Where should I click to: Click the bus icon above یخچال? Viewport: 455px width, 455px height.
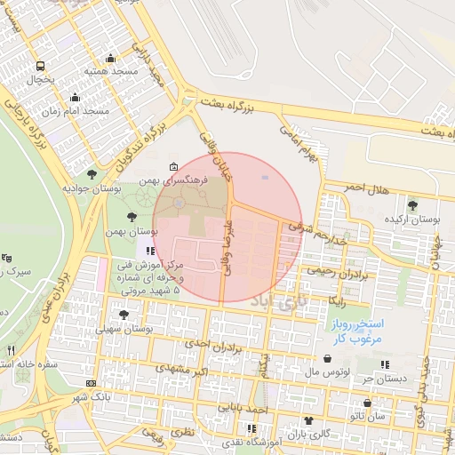point(40,66)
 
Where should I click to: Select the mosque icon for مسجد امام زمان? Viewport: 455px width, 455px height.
point(75,97)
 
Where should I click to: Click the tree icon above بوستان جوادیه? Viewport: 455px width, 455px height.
point(92,174)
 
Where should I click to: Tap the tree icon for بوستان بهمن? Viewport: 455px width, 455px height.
point(132,216)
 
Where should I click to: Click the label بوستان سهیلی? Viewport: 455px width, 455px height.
point(155,329)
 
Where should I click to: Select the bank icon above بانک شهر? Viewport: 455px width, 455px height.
point(92,383)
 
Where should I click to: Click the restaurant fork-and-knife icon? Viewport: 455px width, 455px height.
point(11,350)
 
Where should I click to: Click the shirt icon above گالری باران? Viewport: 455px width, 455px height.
point(307,420)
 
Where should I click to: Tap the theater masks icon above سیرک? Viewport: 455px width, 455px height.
point(7,258)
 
